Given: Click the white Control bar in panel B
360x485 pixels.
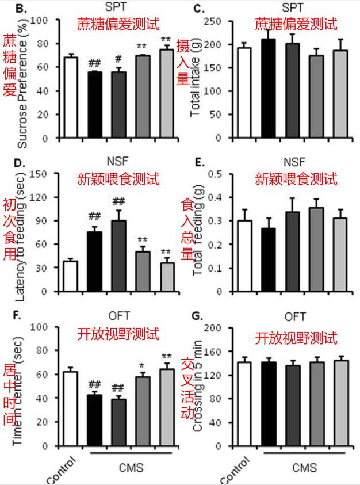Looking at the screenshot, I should click(x=71, y=98).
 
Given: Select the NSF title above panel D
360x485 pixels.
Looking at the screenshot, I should click(x=118, y=162).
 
